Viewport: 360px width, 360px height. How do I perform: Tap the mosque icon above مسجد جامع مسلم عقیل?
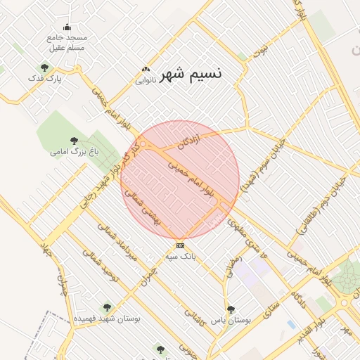pyautogui.click(x=67, y=27)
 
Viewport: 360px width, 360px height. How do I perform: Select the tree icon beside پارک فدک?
pyautogui.click(x=45, y=67)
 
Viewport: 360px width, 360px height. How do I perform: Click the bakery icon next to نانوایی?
pyautogui.click(x=146, y=69)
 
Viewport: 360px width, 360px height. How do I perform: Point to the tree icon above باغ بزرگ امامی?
pyautogui.click(x=75, y=141)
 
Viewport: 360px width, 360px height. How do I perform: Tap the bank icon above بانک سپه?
pyautogui.click(x=181, y=245)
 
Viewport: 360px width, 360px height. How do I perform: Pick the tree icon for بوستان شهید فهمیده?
pyautogui.click(x=107, y=307)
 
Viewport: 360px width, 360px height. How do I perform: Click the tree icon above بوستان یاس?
pyautogui.click(x=231, y=309)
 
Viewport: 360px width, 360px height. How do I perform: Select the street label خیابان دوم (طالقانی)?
pyautogui.click(x=330, y=197)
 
